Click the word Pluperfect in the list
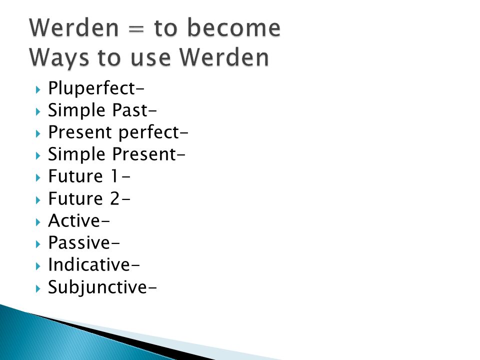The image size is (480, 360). point(91,89)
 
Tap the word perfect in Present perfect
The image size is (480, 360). point(148,132)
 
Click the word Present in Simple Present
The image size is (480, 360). point(144,154)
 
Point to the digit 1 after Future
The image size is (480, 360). point(114,176)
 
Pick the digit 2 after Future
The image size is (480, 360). point(115,198)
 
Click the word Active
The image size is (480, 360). point(74,220)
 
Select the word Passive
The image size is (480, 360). point(78,242)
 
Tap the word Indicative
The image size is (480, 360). point(89,264)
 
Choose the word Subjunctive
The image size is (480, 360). point(97,287)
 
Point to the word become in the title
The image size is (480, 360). point(233,27)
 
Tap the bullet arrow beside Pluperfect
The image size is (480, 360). point(38,89)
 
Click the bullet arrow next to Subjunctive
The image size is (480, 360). point(38,288)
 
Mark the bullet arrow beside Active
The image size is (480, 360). point(38,222)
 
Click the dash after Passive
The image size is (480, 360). point(115,244)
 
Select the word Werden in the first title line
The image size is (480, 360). point(74,27)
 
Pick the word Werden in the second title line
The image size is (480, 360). point(224,57)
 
